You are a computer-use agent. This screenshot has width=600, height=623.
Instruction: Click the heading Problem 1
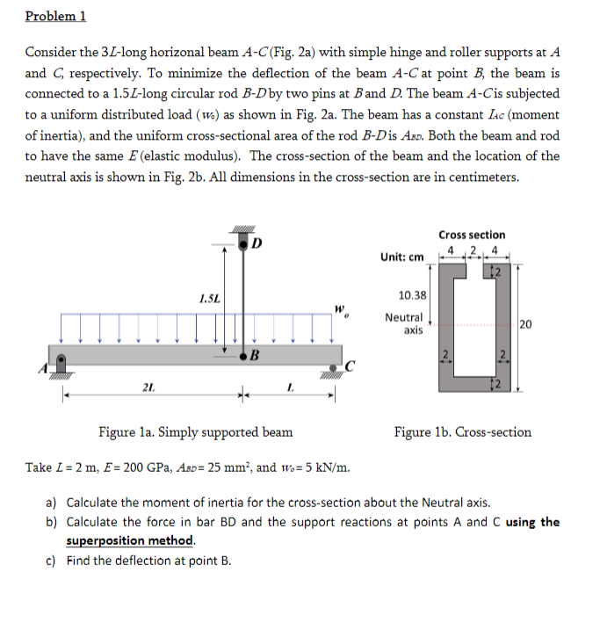(55, 16)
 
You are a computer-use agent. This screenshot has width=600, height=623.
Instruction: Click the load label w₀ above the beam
(337, 309)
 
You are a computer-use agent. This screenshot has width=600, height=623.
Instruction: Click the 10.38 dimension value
(412, 296)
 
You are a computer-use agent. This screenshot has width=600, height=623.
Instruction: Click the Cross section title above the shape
(472, 235)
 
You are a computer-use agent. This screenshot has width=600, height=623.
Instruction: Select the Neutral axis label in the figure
(405, 324)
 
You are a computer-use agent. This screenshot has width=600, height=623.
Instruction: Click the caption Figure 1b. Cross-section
(463, 432)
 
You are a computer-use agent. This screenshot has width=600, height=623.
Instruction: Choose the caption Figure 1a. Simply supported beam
(195, 432)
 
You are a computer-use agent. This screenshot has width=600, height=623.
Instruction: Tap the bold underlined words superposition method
(130, 540)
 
